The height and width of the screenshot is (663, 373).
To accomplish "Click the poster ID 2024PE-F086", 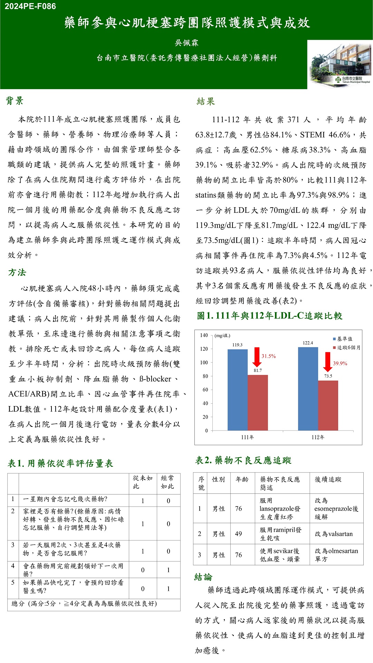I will [x=30, y=6].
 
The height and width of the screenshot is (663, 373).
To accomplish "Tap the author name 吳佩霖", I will [x=186, y=43].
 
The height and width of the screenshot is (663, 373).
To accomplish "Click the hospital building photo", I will [x=339, y=64].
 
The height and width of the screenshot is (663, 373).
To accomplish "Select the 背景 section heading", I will [x=15, y=101].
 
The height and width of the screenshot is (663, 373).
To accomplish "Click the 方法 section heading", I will [x=17, y=272].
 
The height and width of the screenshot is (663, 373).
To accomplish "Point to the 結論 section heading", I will [x=203, y=577].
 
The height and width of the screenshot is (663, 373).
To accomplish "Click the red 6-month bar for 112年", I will [x=328, y=405].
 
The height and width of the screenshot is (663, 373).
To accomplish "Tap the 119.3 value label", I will [x=237, y=345].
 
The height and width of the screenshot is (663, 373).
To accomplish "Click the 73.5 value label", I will [x=328, y=376].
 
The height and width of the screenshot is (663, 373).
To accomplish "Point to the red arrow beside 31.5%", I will [x=257, y=357].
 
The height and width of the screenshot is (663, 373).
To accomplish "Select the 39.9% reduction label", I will [x=340, y=364].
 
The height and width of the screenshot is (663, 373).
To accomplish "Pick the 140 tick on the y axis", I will [x=204, y=335].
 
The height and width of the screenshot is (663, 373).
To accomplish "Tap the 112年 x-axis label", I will [x=318, y=437].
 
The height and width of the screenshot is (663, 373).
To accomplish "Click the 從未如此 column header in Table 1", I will [x=143, y=482].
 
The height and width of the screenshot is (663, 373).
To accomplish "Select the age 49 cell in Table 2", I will [x=238, y=534].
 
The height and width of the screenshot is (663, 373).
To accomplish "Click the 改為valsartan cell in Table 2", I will [x=334, y=534].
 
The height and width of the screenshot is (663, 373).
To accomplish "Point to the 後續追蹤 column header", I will [x=328, y=479].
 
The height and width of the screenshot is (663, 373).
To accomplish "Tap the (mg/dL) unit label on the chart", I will [x=222, y=336].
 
